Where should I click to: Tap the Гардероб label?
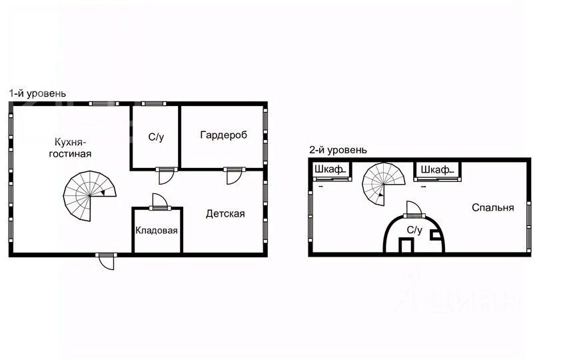coord(223,135)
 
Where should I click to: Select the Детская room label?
coord(225,214)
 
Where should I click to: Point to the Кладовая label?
coord(157,231)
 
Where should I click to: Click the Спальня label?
coord(492,208)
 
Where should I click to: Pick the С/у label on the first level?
coord(156,137)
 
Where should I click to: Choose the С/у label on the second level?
coord(414,230)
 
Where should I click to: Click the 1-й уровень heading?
coord(37,94)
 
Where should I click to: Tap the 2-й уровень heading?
coord(337,151)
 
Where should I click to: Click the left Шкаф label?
coord(328,170)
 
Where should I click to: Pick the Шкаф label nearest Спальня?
coord(434,170)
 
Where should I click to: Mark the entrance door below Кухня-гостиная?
coord(105,260)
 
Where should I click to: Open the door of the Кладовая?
coord(159,202)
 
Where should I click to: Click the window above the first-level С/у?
coord(153,103)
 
